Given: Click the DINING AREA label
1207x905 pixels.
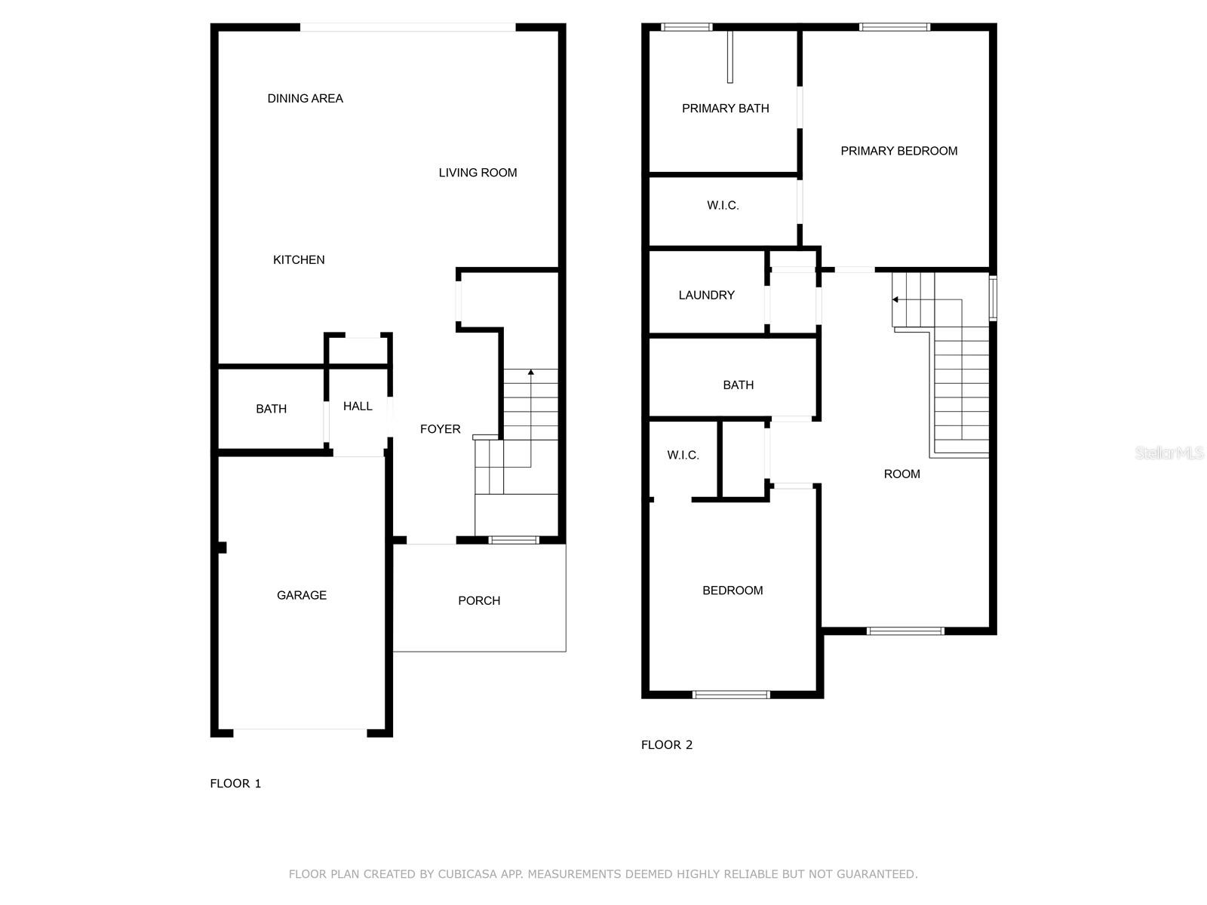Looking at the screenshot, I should pos(305,98).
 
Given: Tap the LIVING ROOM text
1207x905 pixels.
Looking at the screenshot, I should pos(478,173).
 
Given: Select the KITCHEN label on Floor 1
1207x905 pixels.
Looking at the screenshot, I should pos(299,259).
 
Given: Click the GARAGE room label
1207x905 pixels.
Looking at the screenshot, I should pos(302,595).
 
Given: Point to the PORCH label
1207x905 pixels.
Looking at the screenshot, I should pos(479,600).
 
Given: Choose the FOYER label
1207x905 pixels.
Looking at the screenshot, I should pos(440,429).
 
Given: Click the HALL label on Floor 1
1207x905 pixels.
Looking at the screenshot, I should pos(358,406).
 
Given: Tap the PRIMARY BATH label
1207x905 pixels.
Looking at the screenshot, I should pos(725,109).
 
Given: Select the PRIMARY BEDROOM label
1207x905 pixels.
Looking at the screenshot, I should pos(898,151).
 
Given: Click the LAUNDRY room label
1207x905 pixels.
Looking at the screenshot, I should pos(706,295).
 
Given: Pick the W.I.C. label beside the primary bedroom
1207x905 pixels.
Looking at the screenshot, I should pos(723,205).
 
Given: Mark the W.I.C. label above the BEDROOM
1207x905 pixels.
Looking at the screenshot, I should pos(683,455).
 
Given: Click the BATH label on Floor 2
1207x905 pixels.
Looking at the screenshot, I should pos(738,385).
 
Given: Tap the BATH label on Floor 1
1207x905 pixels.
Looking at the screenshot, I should pos(271,409).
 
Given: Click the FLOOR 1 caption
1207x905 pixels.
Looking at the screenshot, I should pos(235,783).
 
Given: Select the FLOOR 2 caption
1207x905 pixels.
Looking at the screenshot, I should pos(666,744).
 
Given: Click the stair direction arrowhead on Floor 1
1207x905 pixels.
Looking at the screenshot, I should pos(531,372).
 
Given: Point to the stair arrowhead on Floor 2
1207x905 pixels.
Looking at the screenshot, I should pos(895,299).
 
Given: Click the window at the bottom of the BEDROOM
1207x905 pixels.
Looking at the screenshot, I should pos(730,695).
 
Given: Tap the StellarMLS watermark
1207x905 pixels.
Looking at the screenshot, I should pos(1169,452).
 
